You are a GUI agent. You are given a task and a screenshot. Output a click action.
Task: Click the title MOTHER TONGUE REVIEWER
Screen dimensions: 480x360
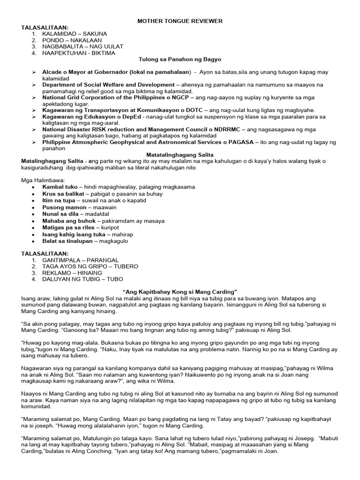pos(180,21)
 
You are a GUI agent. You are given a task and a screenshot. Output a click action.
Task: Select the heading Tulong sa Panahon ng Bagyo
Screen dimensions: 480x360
pos(180,60)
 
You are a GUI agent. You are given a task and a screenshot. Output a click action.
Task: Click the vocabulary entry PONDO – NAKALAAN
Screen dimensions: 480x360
pos(72,40)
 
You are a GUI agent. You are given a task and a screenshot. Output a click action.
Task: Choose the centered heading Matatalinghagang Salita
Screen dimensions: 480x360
pos(180,155)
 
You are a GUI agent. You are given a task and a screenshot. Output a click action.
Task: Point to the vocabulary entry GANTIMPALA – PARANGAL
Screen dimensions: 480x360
pos(80,260)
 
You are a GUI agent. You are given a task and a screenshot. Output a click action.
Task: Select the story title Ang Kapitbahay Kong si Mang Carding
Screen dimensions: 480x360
pos(180,292)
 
